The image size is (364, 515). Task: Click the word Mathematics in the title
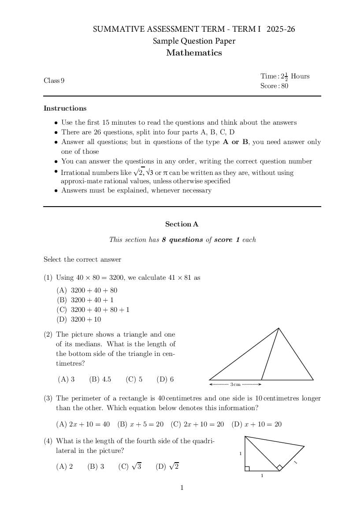(194, 53)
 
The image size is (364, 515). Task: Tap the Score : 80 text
(274, 86)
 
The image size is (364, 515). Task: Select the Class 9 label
(54, 81)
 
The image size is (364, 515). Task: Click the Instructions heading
(65, 108)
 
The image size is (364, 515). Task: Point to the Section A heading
(182, 224)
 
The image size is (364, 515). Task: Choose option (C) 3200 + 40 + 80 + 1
(93, 310)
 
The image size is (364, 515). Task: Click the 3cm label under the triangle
(235, 385)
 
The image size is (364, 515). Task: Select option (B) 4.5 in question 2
(100, 379)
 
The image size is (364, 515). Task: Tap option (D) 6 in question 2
(165, 379)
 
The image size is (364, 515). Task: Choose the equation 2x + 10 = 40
(83, 424)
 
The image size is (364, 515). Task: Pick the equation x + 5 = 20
(140, 424)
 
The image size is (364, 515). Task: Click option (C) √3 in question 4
(130, 467)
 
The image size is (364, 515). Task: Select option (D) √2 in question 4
(167, 467)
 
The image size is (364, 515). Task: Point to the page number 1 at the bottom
(182, 488)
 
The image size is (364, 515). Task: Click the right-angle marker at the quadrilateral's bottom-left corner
(247, 468)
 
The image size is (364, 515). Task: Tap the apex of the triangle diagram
(279, 328)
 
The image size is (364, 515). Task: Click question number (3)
(48, 398)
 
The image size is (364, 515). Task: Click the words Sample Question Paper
(194, 41)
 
